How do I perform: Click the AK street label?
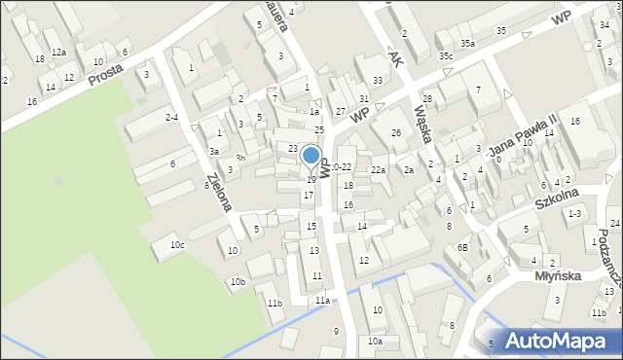click(394, 57)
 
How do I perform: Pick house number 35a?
click(467, 44)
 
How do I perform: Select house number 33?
click(377, 80)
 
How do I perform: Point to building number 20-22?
click(339, 167)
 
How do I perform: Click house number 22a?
click(378, 170)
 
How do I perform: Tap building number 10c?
click(176, 245)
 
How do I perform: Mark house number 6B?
click(463, 248)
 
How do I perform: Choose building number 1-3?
click(574, 213)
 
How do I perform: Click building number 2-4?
click(171, 117)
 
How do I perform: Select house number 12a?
click(58, 52)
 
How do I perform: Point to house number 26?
click(395, 132)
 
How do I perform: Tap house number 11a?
click(321, 301)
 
